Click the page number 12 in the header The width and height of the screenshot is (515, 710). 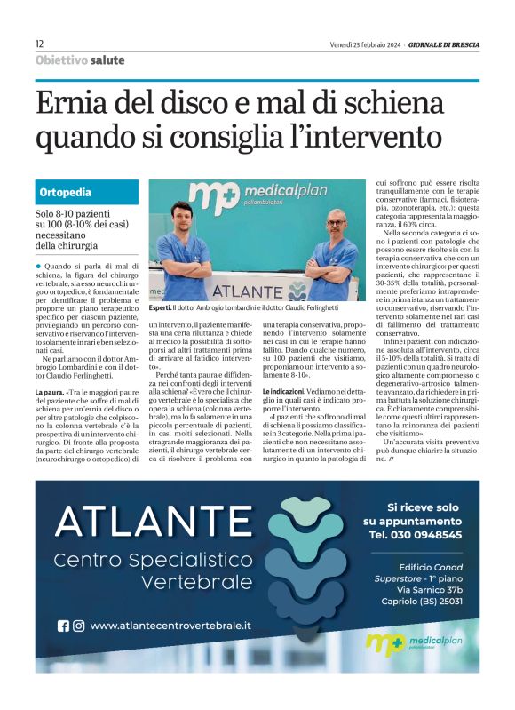coord(39,44)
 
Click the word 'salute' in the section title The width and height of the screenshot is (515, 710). coord(107,60)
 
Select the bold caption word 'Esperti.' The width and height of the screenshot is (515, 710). coord(161,307)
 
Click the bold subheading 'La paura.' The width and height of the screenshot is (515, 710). coord(50,392)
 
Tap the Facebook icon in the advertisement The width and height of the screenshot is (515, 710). coord(63,626)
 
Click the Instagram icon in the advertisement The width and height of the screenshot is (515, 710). coord(79,626)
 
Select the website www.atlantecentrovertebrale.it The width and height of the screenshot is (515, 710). coord(170,626)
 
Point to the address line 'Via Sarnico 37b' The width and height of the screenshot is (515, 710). coord(430,589)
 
